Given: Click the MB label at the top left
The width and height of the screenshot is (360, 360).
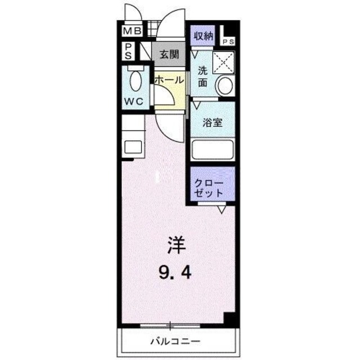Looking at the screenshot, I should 133,31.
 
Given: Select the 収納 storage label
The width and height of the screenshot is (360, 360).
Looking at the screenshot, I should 204,37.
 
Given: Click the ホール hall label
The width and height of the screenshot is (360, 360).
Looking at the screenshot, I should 169,80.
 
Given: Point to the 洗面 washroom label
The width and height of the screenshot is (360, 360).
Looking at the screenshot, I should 202,76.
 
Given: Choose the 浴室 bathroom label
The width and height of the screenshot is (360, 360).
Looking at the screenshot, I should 211,122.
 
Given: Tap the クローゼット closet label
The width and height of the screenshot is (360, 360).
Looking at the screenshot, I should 210,188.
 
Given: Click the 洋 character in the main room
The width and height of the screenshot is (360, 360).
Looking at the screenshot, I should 174,245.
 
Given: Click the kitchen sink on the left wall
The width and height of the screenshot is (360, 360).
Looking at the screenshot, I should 133,147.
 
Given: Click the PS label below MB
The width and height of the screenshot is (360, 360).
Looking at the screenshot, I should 128,51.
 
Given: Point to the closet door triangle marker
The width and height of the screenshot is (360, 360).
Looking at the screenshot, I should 221,210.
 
